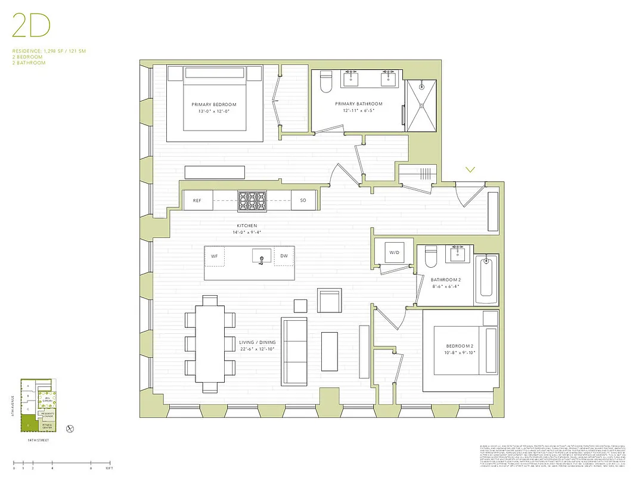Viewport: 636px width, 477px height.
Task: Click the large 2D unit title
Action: coord(31,26)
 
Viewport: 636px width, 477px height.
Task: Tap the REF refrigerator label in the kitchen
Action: coord(197,201)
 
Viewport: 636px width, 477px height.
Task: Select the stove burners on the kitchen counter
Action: coord(253,201)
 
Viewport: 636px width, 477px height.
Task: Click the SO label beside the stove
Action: coord(303,201)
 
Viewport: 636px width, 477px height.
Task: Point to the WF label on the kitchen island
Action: coord(214,256)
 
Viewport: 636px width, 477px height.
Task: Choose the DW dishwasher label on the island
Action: coord(284,256)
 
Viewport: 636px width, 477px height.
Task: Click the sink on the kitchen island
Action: coord(260,257)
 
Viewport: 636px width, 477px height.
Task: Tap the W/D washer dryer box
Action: coord(395,252)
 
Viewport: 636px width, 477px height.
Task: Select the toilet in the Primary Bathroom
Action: coord(325,83)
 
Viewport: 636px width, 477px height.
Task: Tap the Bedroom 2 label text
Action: coord(458,346)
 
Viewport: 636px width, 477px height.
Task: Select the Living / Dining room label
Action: coord(256,342)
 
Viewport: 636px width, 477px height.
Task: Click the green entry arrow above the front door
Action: coord(470,170)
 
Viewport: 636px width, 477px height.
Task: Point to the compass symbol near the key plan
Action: coord(70,428)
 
